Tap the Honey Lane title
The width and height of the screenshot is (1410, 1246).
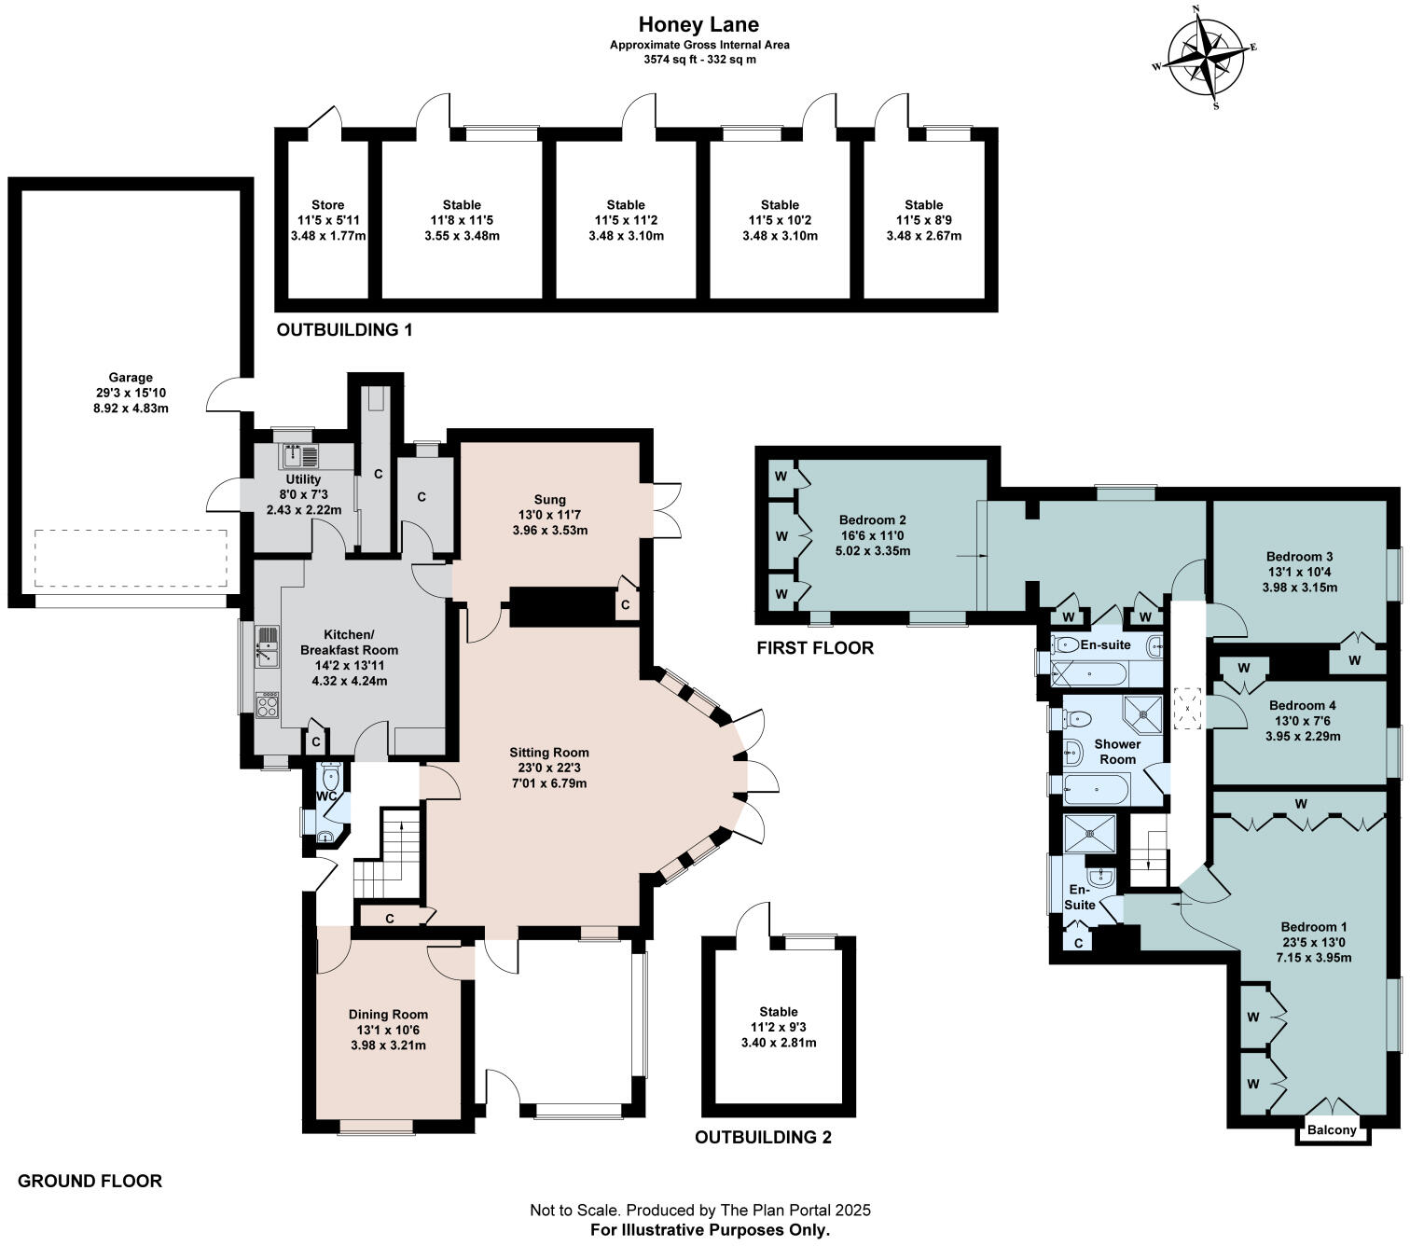(x=698, y=24)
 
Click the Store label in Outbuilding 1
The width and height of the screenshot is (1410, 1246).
(x=328, y=204)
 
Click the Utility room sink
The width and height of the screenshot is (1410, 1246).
(x=300, y=456)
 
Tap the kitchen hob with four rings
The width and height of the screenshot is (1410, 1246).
(x=268, y=705)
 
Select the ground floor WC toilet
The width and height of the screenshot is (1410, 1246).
(x=330, y=774)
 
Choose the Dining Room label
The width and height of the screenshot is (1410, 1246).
(x=388, y=1014)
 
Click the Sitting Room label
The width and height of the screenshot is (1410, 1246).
(x=549, y=753)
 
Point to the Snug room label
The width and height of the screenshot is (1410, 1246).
(x=550, y=499)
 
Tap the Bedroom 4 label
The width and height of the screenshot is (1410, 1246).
(x=1302, y=705)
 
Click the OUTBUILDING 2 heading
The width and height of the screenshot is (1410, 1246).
(x=763, y=1138)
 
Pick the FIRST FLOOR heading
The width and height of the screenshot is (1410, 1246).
(x=815, y=648)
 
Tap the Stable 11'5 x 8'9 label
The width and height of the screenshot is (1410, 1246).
(x=923, y=220)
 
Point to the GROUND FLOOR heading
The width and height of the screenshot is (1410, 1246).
(x=90, y=1182)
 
